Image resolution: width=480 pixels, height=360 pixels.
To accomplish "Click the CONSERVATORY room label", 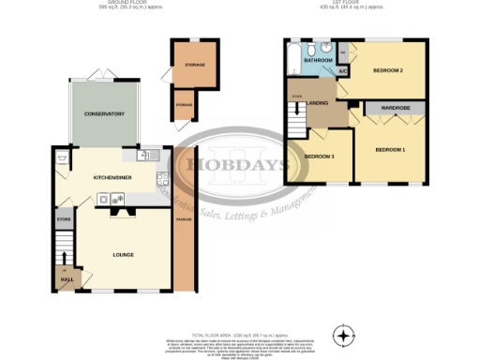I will [103, 114].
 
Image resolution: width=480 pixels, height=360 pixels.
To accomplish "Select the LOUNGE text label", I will [123, 255].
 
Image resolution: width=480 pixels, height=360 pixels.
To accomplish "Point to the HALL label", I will [66, 279].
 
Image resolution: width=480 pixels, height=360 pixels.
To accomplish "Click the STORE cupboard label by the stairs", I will [65, 221].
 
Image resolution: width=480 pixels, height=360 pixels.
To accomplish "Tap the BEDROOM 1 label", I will [390, 150].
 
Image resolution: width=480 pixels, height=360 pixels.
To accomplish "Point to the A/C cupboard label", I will [342, 71].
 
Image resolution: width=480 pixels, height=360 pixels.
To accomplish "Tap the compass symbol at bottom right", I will [346, 336].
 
